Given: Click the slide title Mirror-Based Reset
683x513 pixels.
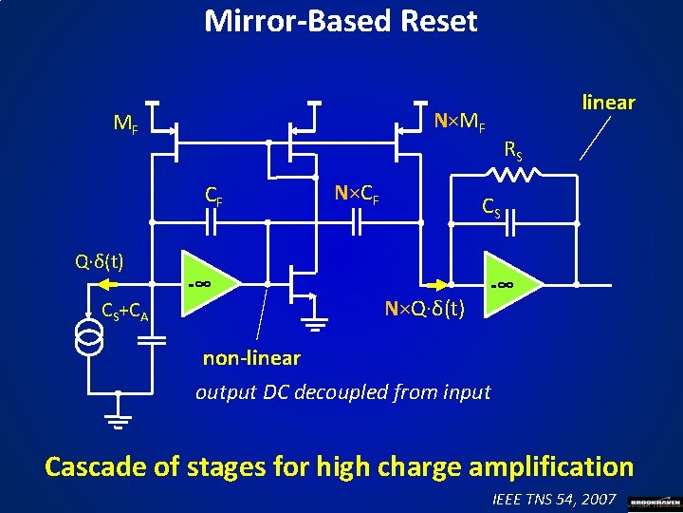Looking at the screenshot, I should (341, 21).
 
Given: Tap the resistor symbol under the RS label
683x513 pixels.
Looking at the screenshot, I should (516, 173).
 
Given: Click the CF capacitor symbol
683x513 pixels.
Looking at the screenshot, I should (212, 222).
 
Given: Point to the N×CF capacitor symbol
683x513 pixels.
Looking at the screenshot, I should (358, 222).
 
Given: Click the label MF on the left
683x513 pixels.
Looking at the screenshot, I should (125, 123).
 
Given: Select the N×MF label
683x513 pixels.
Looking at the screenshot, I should (460, 123).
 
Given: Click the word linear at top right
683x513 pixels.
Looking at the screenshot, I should (608, 102).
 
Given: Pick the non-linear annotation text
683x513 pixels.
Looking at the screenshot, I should (251, 358).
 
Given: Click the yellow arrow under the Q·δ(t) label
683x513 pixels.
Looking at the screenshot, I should (114, 283).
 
